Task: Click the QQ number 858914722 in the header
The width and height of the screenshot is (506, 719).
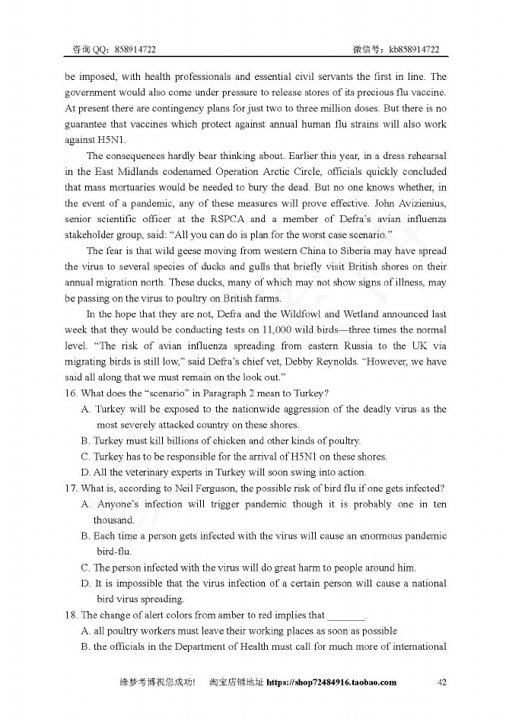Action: [x=135, y=49]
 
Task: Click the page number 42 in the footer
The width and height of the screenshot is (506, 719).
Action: [x=441, y=682]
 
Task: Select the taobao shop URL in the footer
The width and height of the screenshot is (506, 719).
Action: [x=332, y=682]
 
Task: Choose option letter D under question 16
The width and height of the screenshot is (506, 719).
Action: [x=85, y=472]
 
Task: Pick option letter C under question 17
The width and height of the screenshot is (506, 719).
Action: [x=85, y=568]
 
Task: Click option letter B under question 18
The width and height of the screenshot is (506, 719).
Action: [x=85, y=647]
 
